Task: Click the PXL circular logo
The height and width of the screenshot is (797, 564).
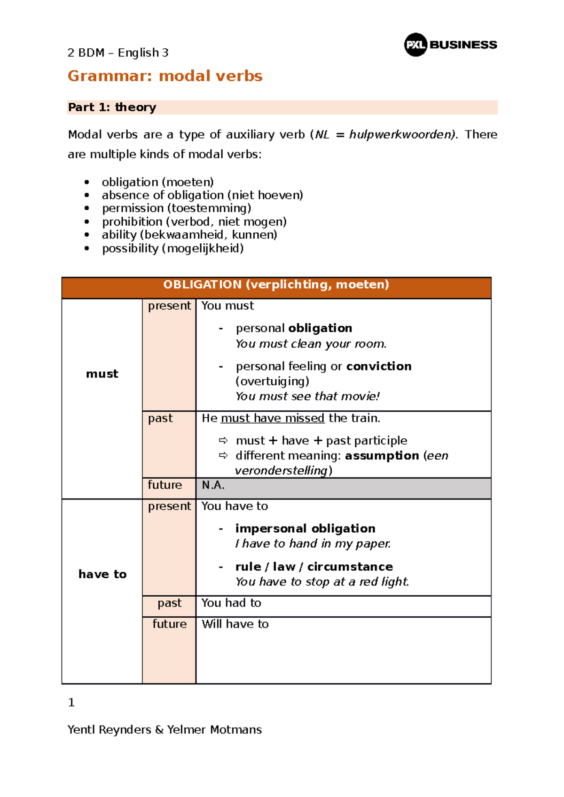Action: point(415,45)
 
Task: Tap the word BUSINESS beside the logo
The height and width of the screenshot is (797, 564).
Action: point(463,45)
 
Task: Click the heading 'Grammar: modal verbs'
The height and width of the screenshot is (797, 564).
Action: point(164,76)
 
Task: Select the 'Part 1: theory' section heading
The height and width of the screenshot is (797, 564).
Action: point(112,107)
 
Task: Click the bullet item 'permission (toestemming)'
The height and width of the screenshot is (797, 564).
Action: point(176,208)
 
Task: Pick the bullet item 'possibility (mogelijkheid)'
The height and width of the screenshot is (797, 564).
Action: point(172,248)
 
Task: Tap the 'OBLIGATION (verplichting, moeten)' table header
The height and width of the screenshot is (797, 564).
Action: point(276,285)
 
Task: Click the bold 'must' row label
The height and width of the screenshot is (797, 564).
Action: point(102,374)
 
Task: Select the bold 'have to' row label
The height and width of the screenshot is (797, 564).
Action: point(102,575)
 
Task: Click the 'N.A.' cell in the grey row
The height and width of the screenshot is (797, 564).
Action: point(213,485)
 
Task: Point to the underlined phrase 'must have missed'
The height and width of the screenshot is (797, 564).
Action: point(273,418)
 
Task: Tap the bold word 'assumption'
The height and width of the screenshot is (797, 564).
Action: point(382,456)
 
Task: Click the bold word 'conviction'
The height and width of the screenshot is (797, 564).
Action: point(379,366)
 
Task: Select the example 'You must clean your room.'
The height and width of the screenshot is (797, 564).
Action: point(311,344)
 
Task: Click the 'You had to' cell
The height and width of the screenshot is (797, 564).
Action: point(231,603)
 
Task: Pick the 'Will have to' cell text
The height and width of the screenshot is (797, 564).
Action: point(235,624)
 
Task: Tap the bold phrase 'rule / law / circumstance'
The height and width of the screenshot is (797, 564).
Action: point(314,567)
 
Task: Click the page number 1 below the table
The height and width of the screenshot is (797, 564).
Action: point(71,703)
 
